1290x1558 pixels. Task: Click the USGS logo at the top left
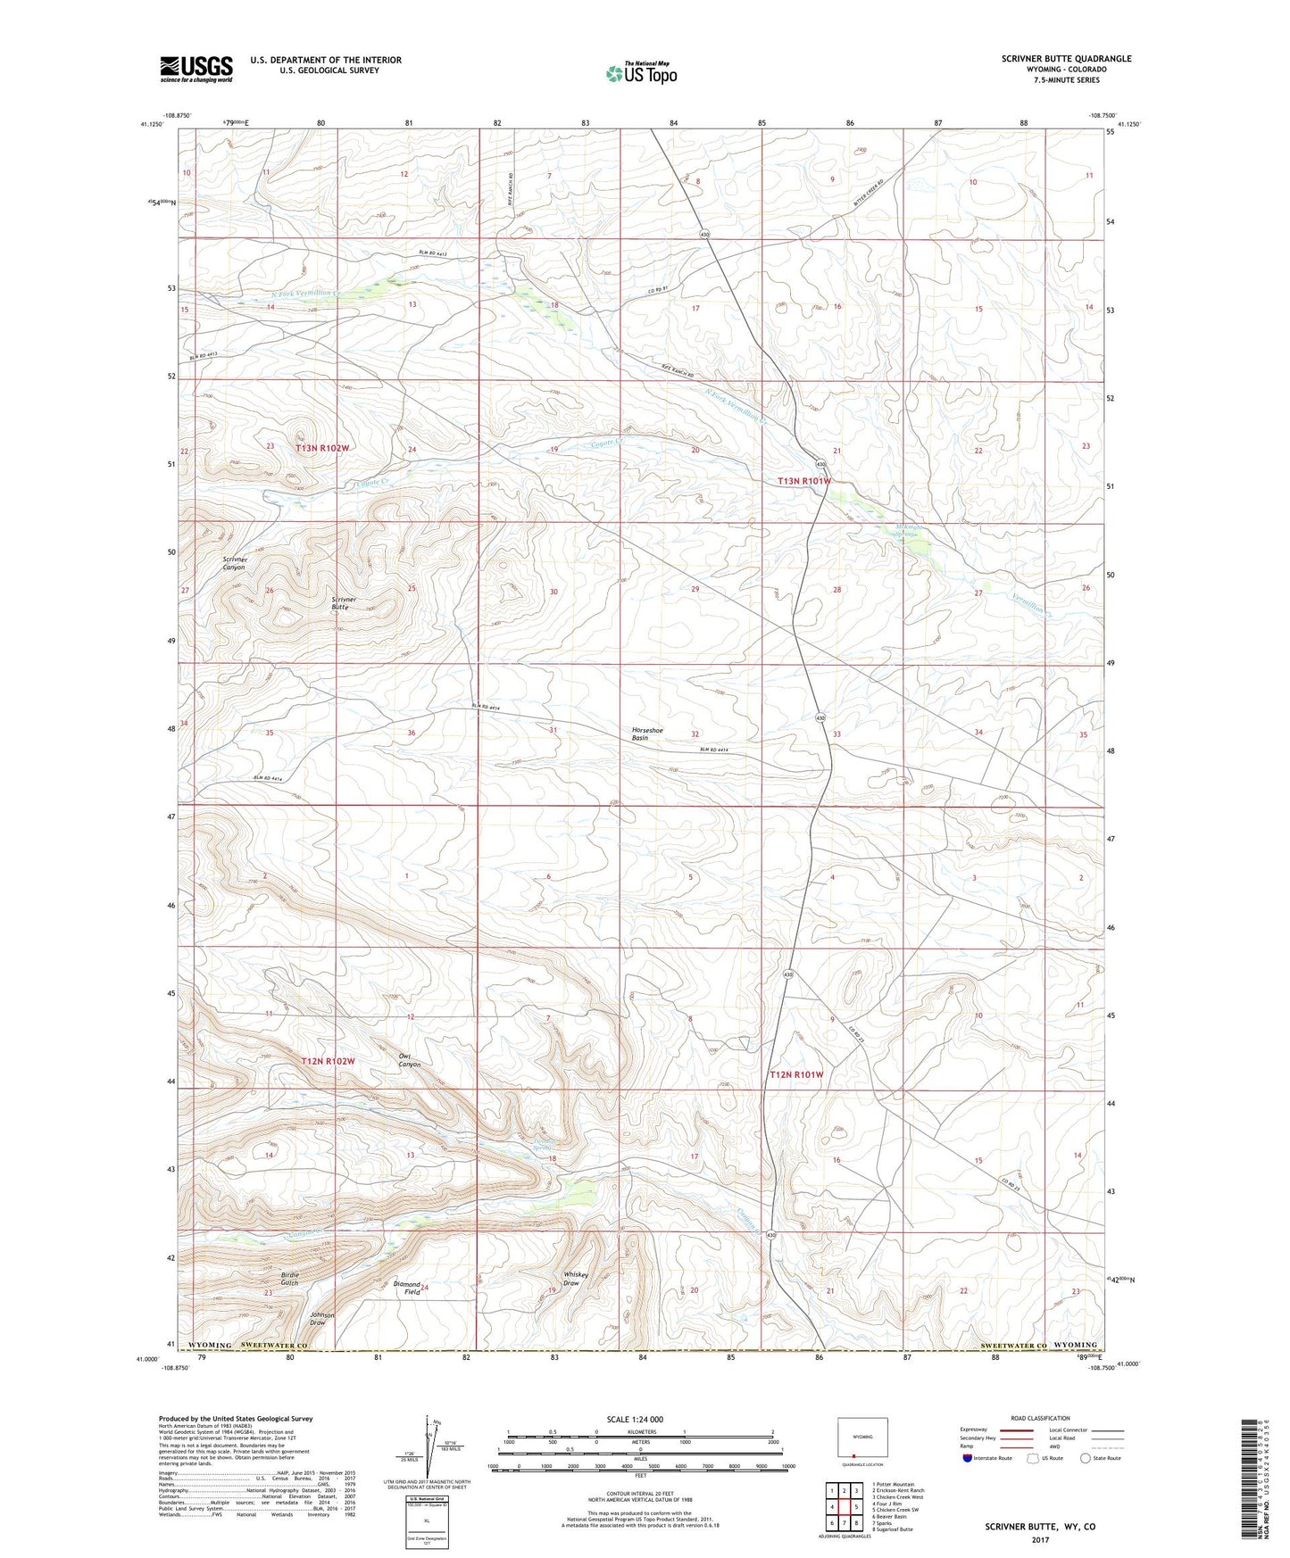196,68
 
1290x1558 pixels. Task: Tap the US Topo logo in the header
640,73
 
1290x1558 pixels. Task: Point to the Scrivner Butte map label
344,603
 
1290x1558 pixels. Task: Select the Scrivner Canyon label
234,563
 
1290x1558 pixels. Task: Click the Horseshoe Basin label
647,733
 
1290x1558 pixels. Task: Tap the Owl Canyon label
409,1060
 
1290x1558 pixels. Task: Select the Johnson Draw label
321,1319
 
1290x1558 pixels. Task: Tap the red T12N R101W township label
796,1075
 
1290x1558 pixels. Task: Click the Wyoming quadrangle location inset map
862,1439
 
